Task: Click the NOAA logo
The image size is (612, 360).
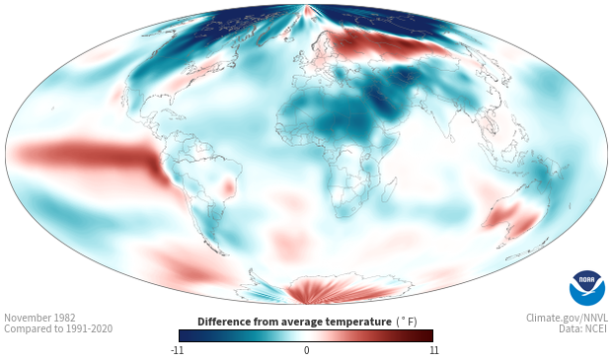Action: [x=587, y=288]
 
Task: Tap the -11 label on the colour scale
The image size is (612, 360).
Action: [x=177, y=350]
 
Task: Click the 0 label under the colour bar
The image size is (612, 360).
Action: [x=306, y=350]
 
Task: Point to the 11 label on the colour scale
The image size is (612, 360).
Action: [x=434, y=350]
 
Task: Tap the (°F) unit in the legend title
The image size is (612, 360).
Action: [x=407, y=323]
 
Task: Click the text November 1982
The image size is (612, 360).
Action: [x=39, y=318]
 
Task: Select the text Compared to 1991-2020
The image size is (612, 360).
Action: [x=58, y=328]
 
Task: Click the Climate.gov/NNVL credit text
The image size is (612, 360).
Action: [x=567, y=318]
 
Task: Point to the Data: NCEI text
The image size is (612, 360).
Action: [x=583, y=328]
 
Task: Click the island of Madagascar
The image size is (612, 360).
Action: [x=389, y=190]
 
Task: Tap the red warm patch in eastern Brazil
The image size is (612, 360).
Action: [x=228, y=186]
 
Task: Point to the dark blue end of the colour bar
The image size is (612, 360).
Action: [x=185, y=335]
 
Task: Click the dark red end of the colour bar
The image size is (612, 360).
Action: [x=427, y=335]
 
